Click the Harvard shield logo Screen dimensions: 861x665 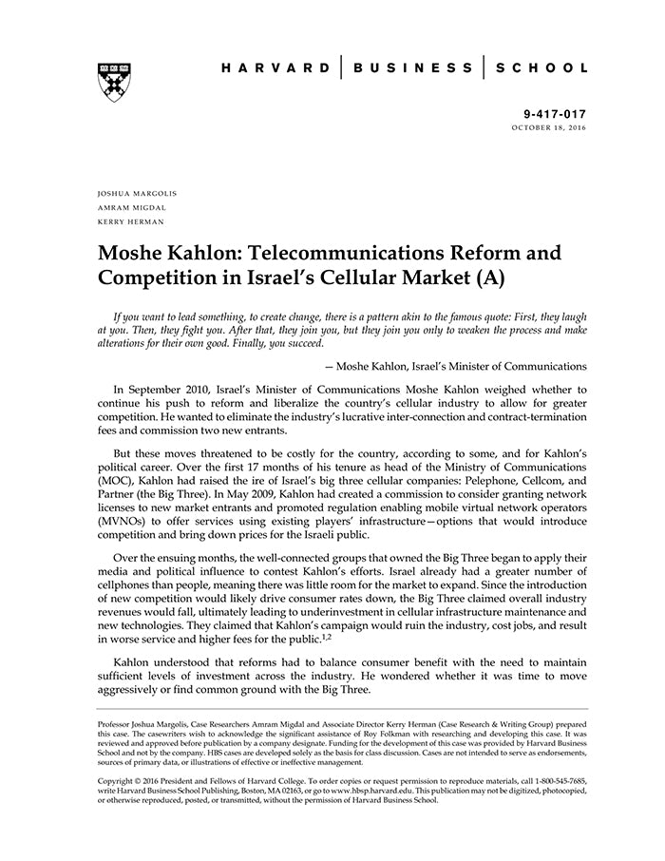click(114, 82)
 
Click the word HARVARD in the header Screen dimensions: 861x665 click(275, 68)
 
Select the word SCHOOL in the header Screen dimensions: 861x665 click(542, 68)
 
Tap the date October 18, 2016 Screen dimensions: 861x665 click(549, 126)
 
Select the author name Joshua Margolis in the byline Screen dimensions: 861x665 click(137, 193)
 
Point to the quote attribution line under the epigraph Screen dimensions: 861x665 click(455, 366)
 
